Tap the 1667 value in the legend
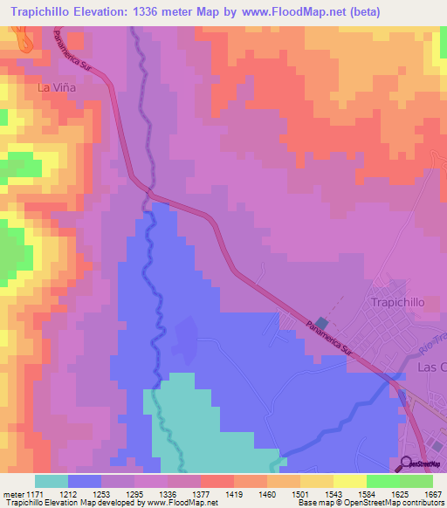pyautogui.click(x=432, y=495)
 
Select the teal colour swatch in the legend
pyautogui.click(x=52, y=481)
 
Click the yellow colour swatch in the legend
pyautogui.click(x=350, y=481)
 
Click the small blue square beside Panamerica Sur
pyautogui.click(x=321, y=323)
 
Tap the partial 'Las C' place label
pyautogui.click(x=431, y=367)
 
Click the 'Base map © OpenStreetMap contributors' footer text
pyautogui.click(x=369, y=504)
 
